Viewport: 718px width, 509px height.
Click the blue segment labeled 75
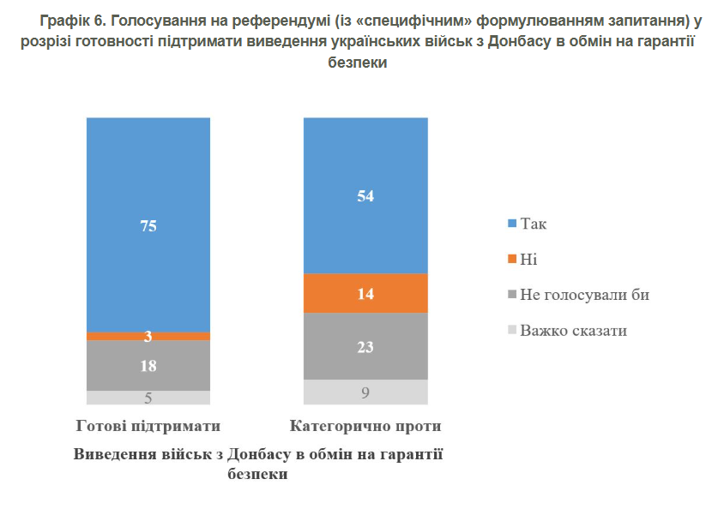tap(148, 225)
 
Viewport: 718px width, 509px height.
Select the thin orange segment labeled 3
tap(148, 336)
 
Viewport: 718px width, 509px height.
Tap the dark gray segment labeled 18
tap(148, 365)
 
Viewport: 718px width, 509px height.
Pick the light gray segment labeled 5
tap(148, 397)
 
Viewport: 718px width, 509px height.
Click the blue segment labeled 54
tap(365, 195)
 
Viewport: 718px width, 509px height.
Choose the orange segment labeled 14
tap(365, 293)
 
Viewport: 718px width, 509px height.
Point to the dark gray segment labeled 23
tap(365, 346)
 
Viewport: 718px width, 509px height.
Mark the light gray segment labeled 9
tap(365, 392)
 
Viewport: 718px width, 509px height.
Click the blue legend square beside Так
tap(513, 224)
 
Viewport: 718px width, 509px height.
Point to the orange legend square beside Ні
tap(513, 259)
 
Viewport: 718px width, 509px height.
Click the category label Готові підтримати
tap(148, 425)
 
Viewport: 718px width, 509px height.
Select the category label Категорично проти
tap(365, 425)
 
